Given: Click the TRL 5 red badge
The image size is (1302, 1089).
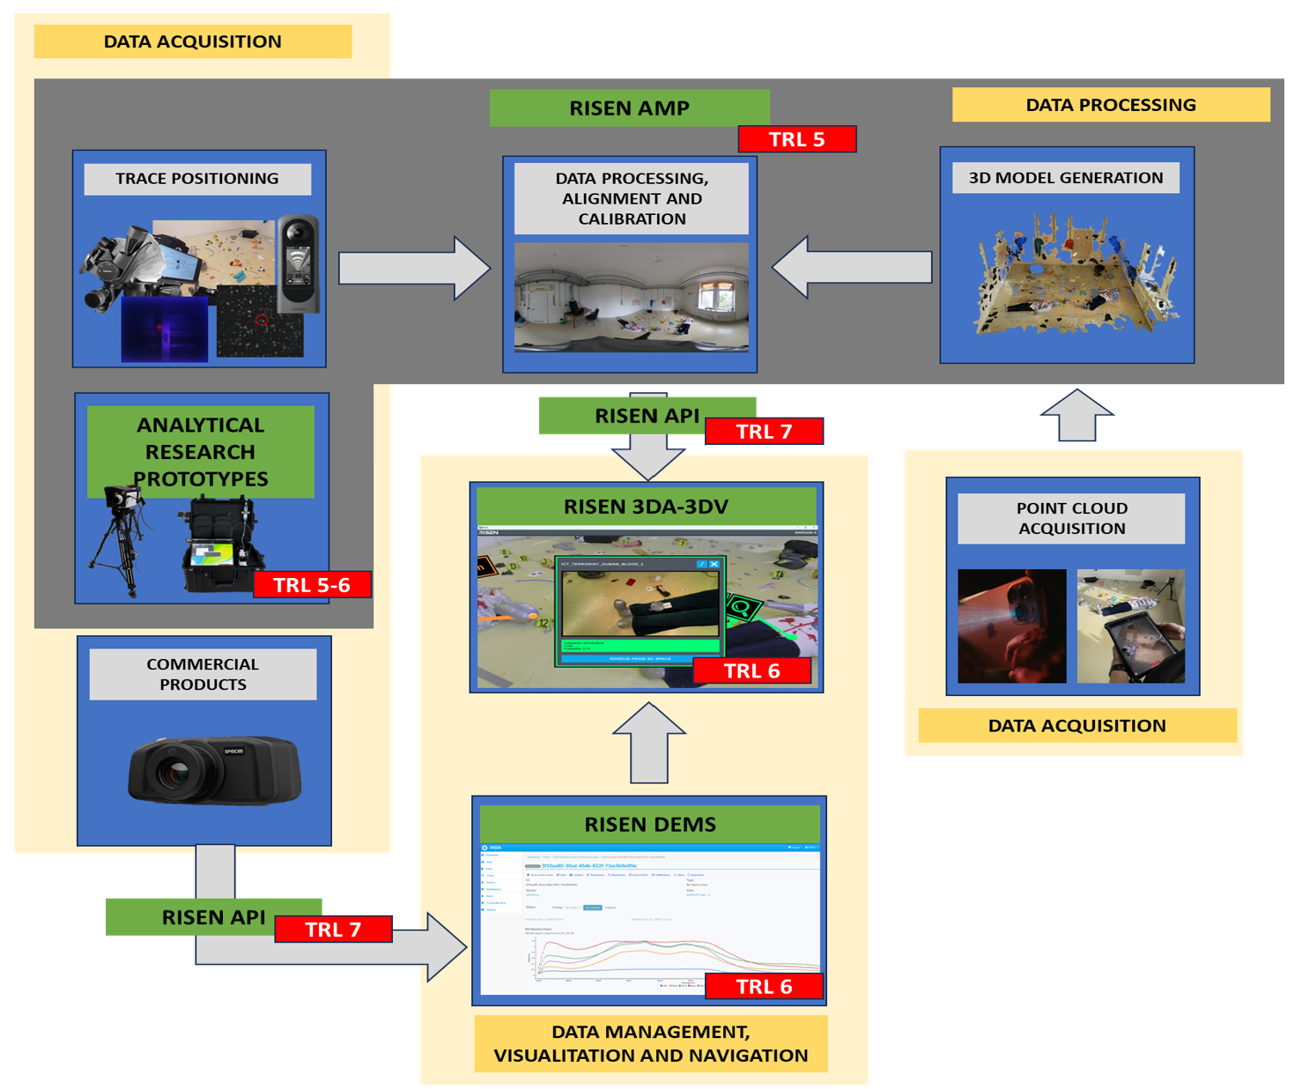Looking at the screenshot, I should click(x=796, y=139).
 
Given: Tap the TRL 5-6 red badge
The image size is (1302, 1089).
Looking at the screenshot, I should click(x=312, y=585).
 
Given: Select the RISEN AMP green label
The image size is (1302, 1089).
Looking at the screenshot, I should click(x=629, y=107).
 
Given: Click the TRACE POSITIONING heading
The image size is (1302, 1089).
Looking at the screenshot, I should click(x=197, y=179).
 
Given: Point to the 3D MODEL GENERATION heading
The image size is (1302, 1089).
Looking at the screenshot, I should click(x=1066, y=178).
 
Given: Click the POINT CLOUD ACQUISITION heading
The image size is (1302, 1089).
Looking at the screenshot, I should click(x=1071, y=518).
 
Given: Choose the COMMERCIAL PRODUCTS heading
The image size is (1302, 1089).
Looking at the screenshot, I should click(x=203, y=674).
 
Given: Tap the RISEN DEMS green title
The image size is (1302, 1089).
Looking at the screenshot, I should click(x=650, y=825).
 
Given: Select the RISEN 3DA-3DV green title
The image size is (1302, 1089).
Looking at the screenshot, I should click(x=647, y=507).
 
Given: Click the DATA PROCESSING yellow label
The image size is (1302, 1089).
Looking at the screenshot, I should click(x=1111, y=105).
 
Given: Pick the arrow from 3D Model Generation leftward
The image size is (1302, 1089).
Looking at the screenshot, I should click(x=852, y=267).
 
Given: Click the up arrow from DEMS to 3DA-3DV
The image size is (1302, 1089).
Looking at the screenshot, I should click(x=649, y=743).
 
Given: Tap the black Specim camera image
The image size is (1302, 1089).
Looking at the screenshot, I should click(x=214, y=770).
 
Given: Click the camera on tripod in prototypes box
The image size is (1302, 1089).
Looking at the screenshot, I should click(x=119, y=537).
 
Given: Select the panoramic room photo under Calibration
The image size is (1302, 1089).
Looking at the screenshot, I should click(x=631, y=299).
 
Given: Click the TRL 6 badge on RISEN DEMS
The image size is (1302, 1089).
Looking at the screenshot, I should click(x=764, y=987).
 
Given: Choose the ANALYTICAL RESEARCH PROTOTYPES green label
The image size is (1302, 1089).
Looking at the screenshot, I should click(x=201, y=452).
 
